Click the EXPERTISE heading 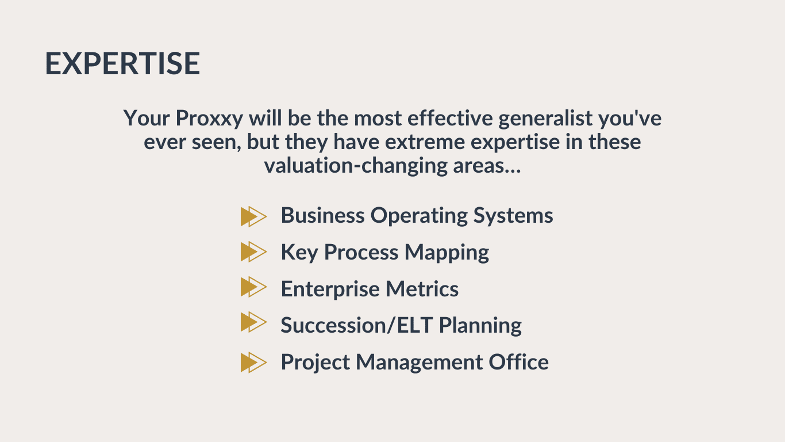[x=122, y=63]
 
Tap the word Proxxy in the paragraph [x=209, y=119]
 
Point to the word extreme [x=425, y=142]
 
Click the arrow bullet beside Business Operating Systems [x=254, y=216]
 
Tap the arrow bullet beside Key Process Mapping [x=254, y=252]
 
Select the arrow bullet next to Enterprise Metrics [x=254, y=287]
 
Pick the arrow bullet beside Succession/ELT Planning [x=254, y=322]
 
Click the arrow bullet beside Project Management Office [x=254, y=363]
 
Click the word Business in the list [x=322, y=215]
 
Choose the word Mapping [x=447, y=253]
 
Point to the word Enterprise [x=330, y=289]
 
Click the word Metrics [x=422, y=289]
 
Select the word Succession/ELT [x=356, y=325]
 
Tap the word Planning [x=480, y=326]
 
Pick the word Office [x=519, y=361]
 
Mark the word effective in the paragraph [x=449, y=118]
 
